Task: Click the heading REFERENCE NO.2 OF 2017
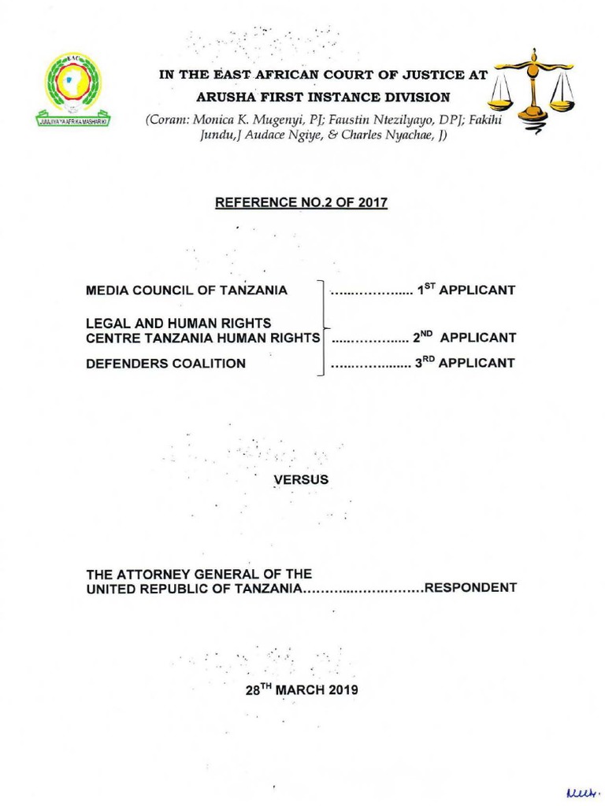click(x=302, y=203)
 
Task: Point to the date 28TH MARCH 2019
click(x=302, y=690)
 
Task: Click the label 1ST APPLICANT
click(x=466, y=290)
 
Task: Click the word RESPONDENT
click(x=470, y=588)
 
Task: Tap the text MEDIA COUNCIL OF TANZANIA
click(x=187, y=290)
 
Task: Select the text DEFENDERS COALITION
click(x=165, y=364)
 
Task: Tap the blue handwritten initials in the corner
click(x=579, y=789)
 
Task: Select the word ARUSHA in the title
click(x=221, y=98)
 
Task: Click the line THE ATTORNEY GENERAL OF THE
click(x=199, y=574)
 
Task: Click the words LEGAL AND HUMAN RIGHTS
click(x=178, y=324)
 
